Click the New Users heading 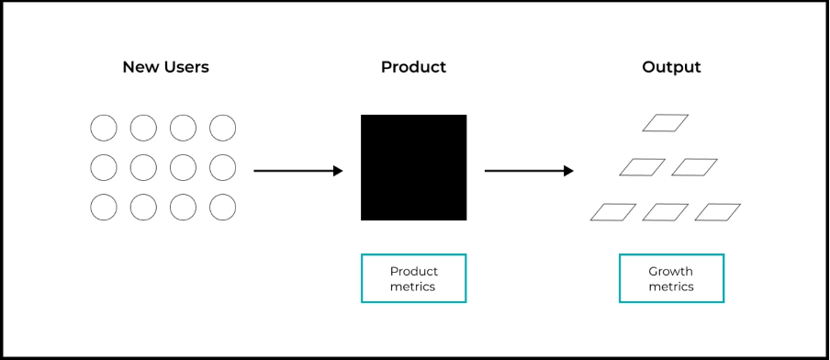[165, 67]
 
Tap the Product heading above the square [413, 67]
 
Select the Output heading [671, 67]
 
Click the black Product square [413, 167]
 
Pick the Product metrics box [413, 278]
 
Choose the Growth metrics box [671, 278]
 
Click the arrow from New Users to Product [297, 171]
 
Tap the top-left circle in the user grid [104, 128]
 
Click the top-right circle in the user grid [222, 128]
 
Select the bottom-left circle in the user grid [104, 208]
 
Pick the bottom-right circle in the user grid [222, 208]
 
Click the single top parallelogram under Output [665, 123]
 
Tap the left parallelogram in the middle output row [642, 167]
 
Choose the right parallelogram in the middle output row [694, 167]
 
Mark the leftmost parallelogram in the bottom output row [612, 212]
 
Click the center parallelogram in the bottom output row [665, 212]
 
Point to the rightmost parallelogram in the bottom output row [717, 212]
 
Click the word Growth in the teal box [671, 272]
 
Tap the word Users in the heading [186, 67]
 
